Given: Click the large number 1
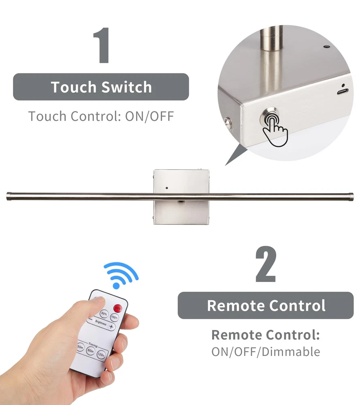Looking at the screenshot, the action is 102,45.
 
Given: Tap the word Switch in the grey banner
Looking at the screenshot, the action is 126,87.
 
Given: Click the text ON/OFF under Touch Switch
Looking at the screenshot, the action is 149,116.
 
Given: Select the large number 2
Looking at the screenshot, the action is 266,264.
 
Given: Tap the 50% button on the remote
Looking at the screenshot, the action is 104,313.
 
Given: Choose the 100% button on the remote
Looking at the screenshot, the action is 115,318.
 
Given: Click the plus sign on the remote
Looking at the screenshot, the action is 111,327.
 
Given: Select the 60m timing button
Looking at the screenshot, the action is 90,350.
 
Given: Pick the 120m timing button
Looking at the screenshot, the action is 101,355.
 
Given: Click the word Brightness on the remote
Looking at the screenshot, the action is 101,323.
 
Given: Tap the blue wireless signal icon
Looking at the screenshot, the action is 121,275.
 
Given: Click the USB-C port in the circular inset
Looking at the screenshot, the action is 343,92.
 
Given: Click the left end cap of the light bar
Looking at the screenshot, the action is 9,196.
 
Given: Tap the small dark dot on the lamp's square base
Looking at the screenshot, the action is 166,188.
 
